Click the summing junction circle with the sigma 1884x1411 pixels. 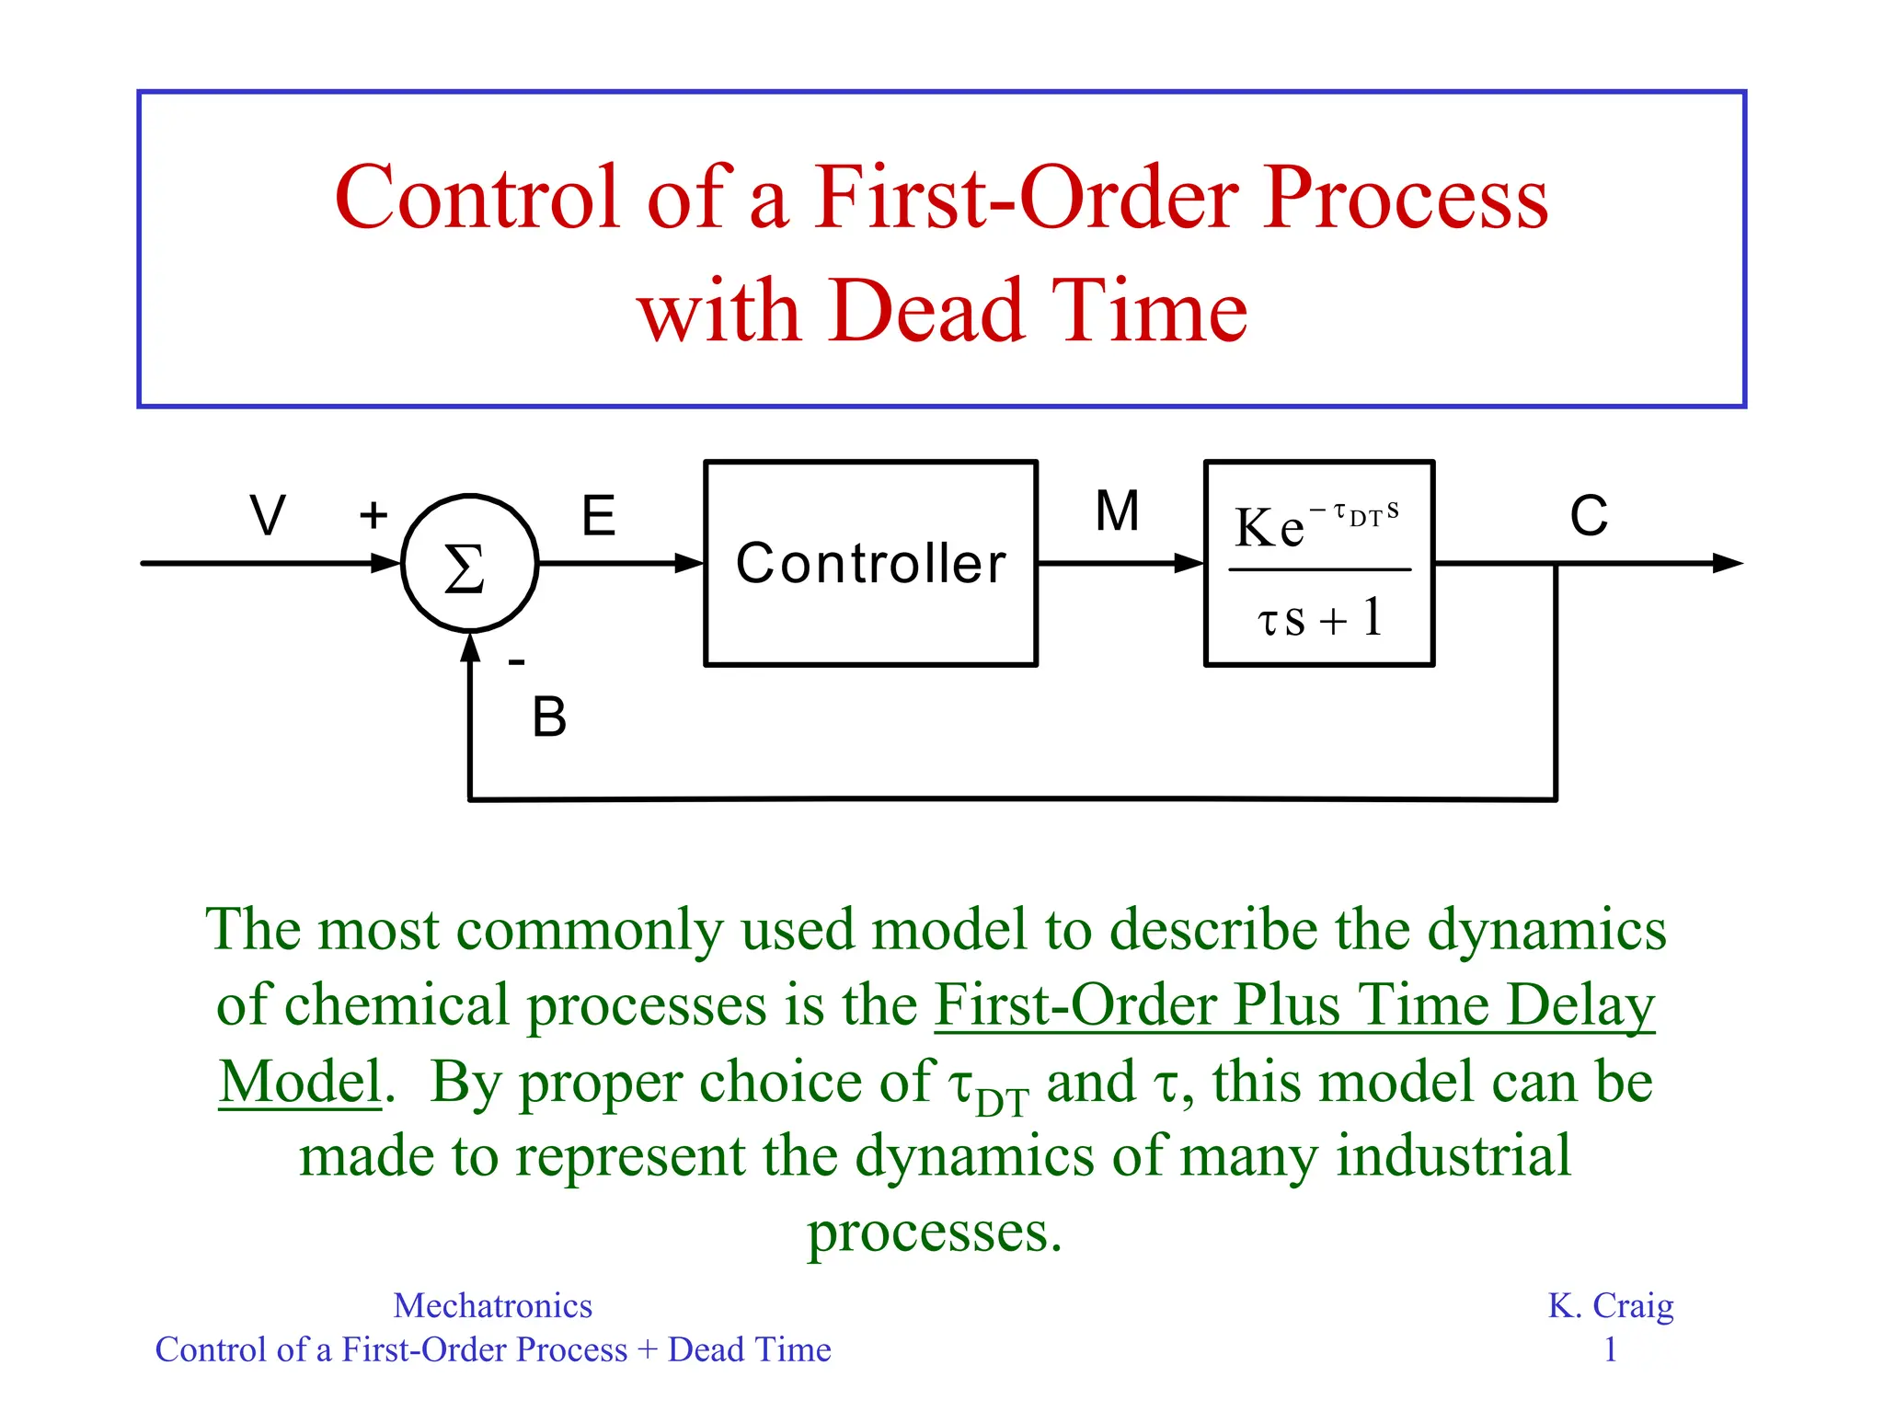click(469, 564)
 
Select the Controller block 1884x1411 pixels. click(870, 563)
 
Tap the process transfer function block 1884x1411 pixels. click(1318, 563)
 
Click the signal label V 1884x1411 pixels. click(268, 515)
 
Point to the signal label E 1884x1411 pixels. click(598, 515)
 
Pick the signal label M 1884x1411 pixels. click(1117, 511)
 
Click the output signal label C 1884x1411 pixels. click(1589, 515)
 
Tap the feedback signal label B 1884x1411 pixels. click(549, 717)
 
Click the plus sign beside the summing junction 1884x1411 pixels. click(373, 515)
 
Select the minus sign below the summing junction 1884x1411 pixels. click(517, 661)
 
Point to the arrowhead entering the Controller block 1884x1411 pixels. click(690, 564)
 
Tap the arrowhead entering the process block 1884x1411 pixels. click(1189, 564)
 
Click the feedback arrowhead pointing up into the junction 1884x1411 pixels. click(470, 648)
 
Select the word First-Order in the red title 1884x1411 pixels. click(1027, 198)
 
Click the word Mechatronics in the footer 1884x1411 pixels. click(492, 1305)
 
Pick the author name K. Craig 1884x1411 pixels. click(1610, 1305)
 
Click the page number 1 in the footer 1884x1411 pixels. click(1610, 1349)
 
